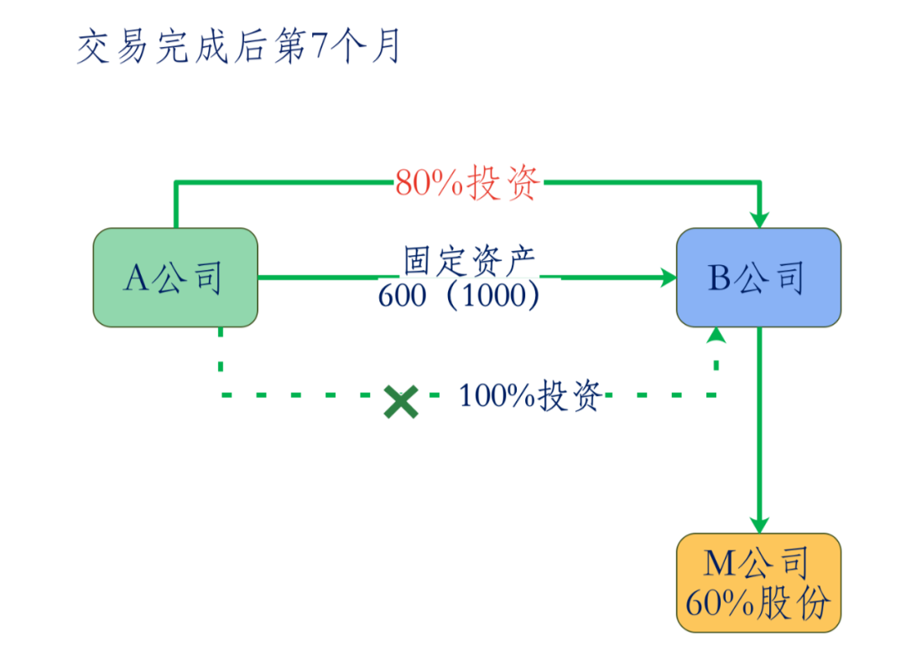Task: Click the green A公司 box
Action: (x=174, y=278)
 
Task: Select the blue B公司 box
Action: (x=758, y=278)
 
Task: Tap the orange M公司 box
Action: (x=758, y=582)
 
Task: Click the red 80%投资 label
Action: (x=469, y=183)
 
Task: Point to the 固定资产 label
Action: (x=469, y=261)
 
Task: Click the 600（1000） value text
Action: (x=469, y=296)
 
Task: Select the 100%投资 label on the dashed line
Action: (x=531, y=395)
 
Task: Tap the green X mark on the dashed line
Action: (x=401, y=401)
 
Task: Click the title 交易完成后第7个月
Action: (x=238, y=49)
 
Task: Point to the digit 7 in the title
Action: (x=318, y=49)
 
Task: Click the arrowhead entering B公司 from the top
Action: (x=759, y=218)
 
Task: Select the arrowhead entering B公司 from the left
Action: (x=668, y=277)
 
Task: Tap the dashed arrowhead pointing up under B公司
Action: (x=716, y=336)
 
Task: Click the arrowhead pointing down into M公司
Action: (x=759, y=523)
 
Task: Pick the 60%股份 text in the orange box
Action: (x=758, y=602)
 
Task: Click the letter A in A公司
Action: (x=136, y=278)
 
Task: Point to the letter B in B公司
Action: (x=719, y=278)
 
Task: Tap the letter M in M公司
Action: (x=719, y=564)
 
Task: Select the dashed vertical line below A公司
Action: (x=221, y=361)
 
